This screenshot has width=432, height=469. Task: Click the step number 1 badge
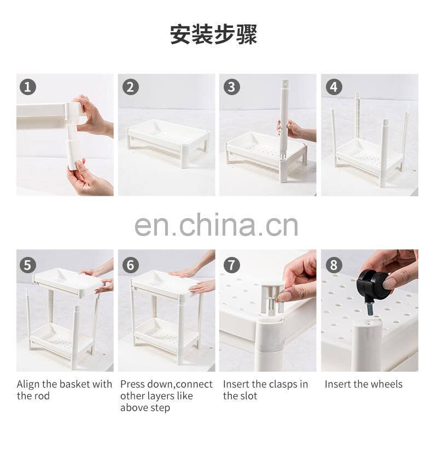(27, 87)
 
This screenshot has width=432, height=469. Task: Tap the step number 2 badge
(131, 87)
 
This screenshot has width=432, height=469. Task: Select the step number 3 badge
(231, 87)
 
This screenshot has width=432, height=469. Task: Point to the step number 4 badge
(334, 87)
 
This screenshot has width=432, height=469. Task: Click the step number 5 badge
(27, 265)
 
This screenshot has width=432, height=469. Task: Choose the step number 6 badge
(131, 265)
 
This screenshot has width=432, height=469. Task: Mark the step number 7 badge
(231, 265)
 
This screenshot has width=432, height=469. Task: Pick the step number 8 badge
(334, 265)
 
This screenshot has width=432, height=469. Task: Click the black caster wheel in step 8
(372, 285)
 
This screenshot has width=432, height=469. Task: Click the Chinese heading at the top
(214, 34)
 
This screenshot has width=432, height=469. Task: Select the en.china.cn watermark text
(217, 224)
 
